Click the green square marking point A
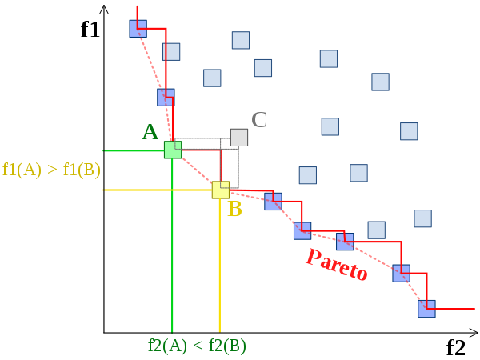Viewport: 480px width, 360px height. [173, 150]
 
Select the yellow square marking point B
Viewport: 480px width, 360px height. [221, 190]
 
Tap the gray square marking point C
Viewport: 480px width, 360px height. [239, 138]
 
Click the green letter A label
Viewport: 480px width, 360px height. [150, 132]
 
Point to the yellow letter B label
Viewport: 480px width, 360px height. [234, 209]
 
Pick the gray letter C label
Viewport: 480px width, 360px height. [259, 120]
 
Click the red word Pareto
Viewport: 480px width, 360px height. [337, 265]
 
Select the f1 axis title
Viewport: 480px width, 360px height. [90, 30]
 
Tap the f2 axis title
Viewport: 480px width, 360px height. [456, 347]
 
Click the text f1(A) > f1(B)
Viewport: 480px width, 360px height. [51, 170]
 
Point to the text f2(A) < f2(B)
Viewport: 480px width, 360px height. [197, 346]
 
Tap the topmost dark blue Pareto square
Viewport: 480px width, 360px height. [138, 29]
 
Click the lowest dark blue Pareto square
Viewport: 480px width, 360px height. [426, 309]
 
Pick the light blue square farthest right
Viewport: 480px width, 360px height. [422, 218]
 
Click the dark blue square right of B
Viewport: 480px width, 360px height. [273, 202]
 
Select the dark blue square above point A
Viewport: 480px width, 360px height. [166, 98]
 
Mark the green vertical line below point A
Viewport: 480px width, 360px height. [172, 246]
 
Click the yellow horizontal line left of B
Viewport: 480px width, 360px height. [158, 190]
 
